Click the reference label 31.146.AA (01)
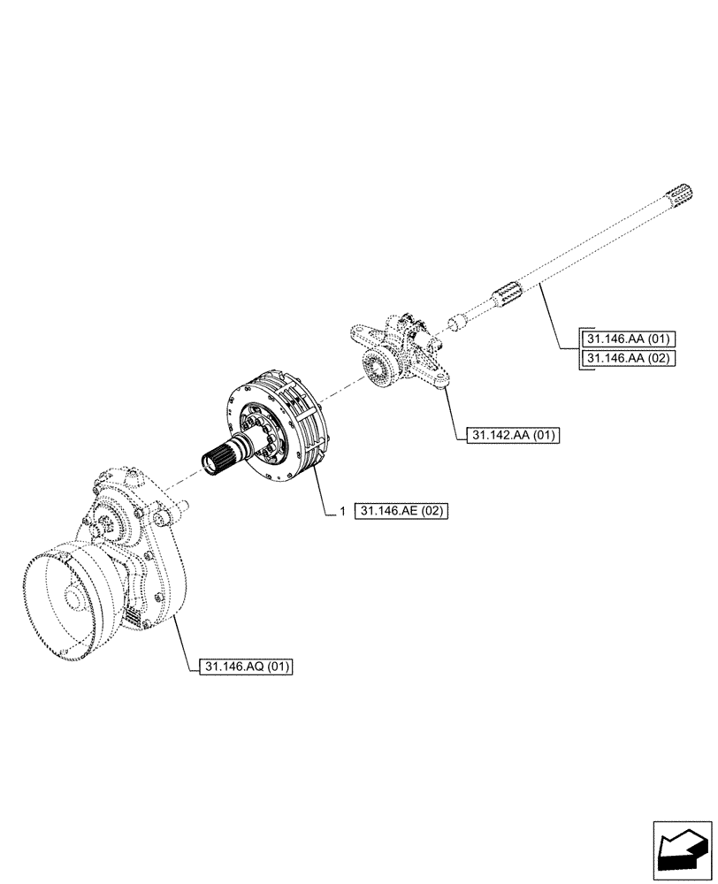[628, 339]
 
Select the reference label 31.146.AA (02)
[628, 358]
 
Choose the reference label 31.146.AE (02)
[402, 511]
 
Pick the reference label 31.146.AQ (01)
[240, 667]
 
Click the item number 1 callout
[341, 511]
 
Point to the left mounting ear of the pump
[356, 332]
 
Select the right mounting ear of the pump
[434, 377]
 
